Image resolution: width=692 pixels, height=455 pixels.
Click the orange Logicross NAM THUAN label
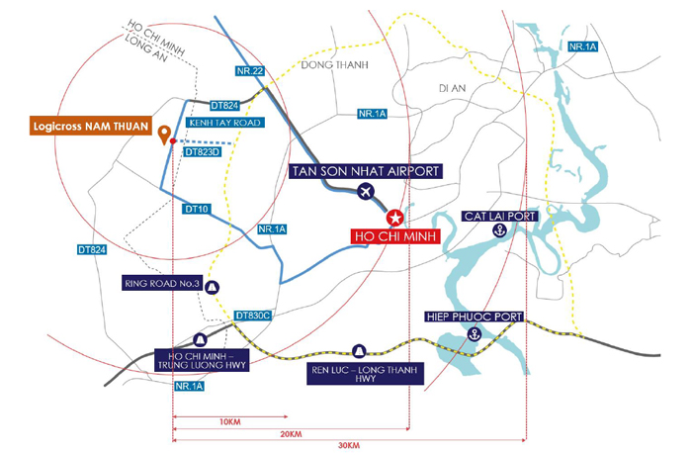(x=91, y=126)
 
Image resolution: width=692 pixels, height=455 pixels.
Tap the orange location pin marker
(x=165, y=134)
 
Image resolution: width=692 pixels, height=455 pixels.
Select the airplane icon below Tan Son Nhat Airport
(x=366, y=192)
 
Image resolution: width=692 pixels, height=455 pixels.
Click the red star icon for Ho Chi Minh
(x=394, y=218)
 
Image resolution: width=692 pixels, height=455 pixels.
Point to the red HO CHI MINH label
(x=395, y=236)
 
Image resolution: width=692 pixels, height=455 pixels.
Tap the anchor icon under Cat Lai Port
(x=499, y=230)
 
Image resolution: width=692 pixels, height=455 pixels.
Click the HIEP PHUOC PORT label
(x=475, y=317)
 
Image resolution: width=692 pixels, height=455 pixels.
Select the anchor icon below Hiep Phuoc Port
(x=475, y=334)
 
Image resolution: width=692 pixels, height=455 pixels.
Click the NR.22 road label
(x=250, y=70)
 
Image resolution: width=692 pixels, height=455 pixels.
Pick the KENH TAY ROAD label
(x=225, y=123)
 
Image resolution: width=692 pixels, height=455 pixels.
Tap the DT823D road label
(x=203, y=152)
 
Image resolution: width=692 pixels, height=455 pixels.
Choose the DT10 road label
(x=197, y=209)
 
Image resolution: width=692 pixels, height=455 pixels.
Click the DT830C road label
(x=252, y=316)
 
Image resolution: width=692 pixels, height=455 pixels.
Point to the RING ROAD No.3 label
(x=162, y=284)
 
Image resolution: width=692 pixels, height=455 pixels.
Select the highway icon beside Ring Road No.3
(x=213, y=288)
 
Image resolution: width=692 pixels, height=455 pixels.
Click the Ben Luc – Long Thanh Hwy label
(x=365, y=373)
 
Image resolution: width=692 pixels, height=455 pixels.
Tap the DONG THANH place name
(x=334, y=65)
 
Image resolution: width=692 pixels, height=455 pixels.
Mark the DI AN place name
(x=453, y=88)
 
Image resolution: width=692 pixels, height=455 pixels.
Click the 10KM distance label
(x=230, y=422)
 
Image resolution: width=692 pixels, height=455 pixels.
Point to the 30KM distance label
(x=349, y=445)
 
